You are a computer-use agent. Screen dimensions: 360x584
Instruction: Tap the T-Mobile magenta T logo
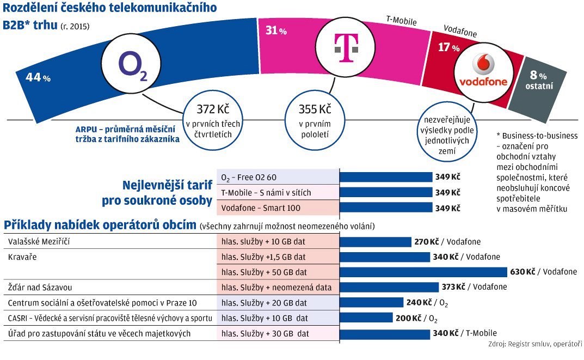(x=343, y=48)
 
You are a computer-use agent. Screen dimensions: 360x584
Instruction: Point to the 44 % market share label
(x=38, y=77)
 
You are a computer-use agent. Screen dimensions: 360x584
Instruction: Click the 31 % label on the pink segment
(x=276, y=31)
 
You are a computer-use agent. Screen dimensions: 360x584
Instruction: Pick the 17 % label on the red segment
(x=448, y=47)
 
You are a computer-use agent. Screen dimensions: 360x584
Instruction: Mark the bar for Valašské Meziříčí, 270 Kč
(x=375, y=242)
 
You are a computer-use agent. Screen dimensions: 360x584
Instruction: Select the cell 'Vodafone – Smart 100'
(x=261, y=208)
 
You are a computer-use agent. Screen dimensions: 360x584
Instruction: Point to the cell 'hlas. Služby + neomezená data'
(x=276, y=287)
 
